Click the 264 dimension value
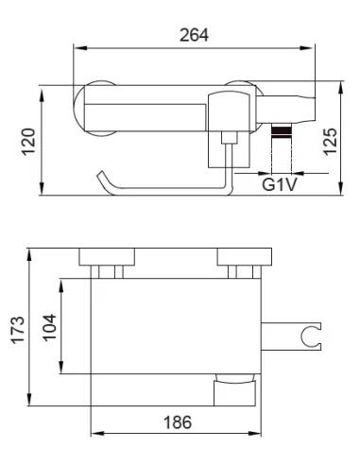click(x=194, y=35)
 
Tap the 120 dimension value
click(x=28, y=142)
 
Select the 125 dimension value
click(x=331, y=142)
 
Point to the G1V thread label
click(x=280, y=184)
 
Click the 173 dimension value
click(x=18, y=330)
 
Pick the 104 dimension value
click(x=49, y=328)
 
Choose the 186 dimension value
click(x=178, y=422)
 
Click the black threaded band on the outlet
click(x=282, y=131)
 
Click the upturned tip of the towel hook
click(x=101, y=174)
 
